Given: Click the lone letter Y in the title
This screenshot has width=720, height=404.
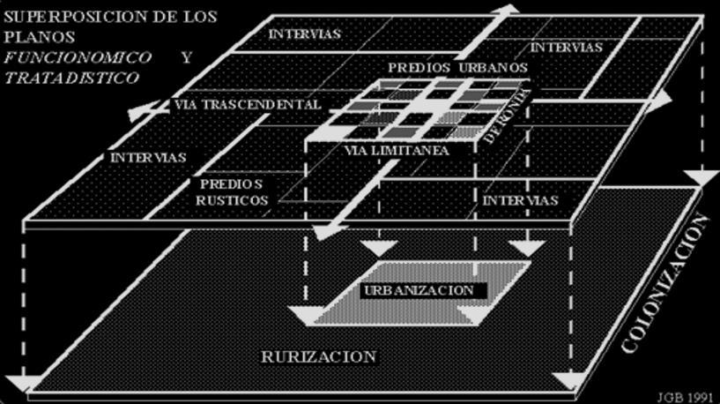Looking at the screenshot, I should tap(186, 57).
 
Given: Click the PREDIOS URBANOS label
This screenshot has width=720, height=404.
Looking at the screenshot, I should tap(457, 67).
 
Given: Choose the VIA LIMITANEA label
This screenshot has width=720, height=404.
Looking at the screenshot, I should tap(396, 151).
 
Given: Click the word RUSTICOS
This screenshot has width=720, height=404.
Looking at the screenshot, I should tap(234, 200).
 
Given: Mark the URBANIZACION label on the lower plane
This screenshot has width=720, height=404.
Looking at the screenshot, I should tap(418, 290).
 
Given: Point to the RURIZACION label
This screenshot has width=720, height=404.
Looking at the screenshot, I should tap(319, 356).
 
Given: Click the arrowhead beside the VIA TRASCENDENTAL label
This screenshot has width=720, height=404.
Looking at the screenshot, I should tap(134, 115).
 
